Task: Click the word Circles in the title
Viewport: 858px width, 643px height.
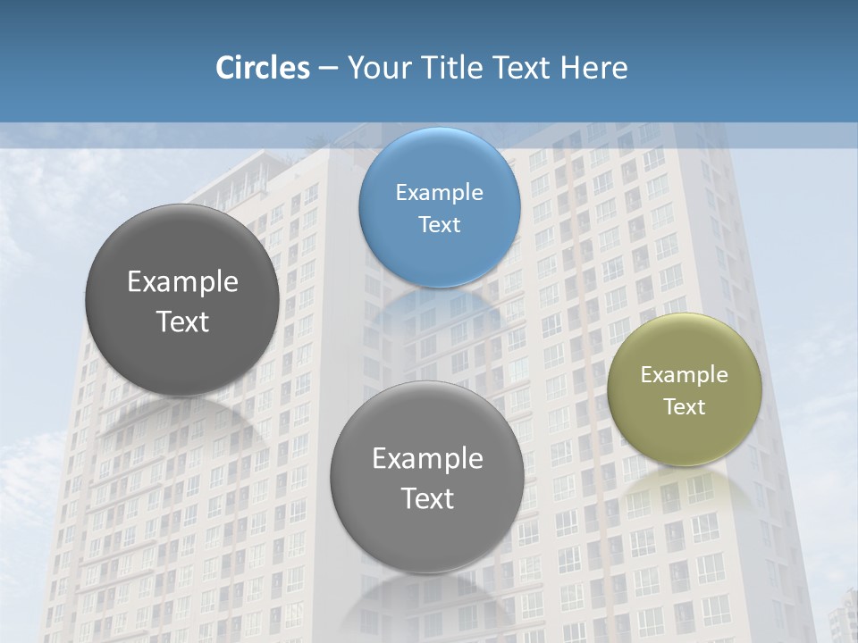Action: pyautogui.click(x=263, y=68)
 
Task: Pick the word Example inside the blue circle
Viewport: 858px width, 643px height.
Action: pyautogui.click(x=439, y=192)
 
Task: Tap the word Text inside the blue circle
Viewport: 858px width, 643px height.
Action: pyautogui.click(x=439, y=224)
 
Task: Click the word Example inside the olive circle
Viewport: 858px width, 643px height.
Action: pyautogui.click(x=685, y=375)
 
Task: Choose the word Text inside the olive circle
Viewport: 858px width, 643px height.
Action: pyautogui.click(x=685, y=406)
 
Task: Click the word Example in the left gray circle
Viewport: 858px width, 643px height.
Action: pyautogui.click(x=182, y=281)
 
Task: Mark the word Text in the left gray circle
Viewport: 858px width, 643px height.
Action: pyautogui.click(x=182, y=321)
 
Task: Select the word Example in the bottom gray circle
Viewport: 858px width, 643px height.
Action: pyautogui.click(x=427, y=458)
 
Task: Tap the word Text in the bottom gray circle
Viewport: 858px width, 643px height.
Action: pyautogui.click(x=427, y=498)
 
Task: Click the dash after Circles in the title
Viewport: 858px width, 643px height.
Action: pyautogui.click(x=328, y=69)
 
